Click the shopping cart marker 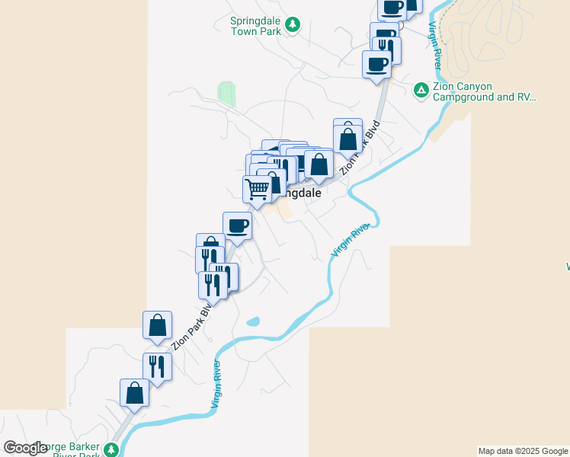click(258, 188)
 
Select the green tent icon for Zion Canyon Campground click(420, 91)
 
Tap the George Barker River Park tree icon click(112, 449)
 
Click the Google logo click(26, 448)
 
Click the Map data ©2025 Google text click(524, 451)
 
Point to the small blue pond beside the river click(253, 321)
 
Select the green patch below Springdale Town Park click(226, 94)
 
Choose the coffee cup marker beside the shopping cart click(237, 225)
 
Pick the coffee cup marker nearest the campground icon click(376, 64)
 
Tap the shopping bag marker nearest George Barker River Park click(134, 393)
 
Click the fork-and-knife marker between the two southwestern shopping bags click(157, 366)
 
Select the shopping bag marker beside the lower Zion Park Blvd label click(157, 324)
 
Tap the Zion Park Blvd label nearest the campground click(360, 147)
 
